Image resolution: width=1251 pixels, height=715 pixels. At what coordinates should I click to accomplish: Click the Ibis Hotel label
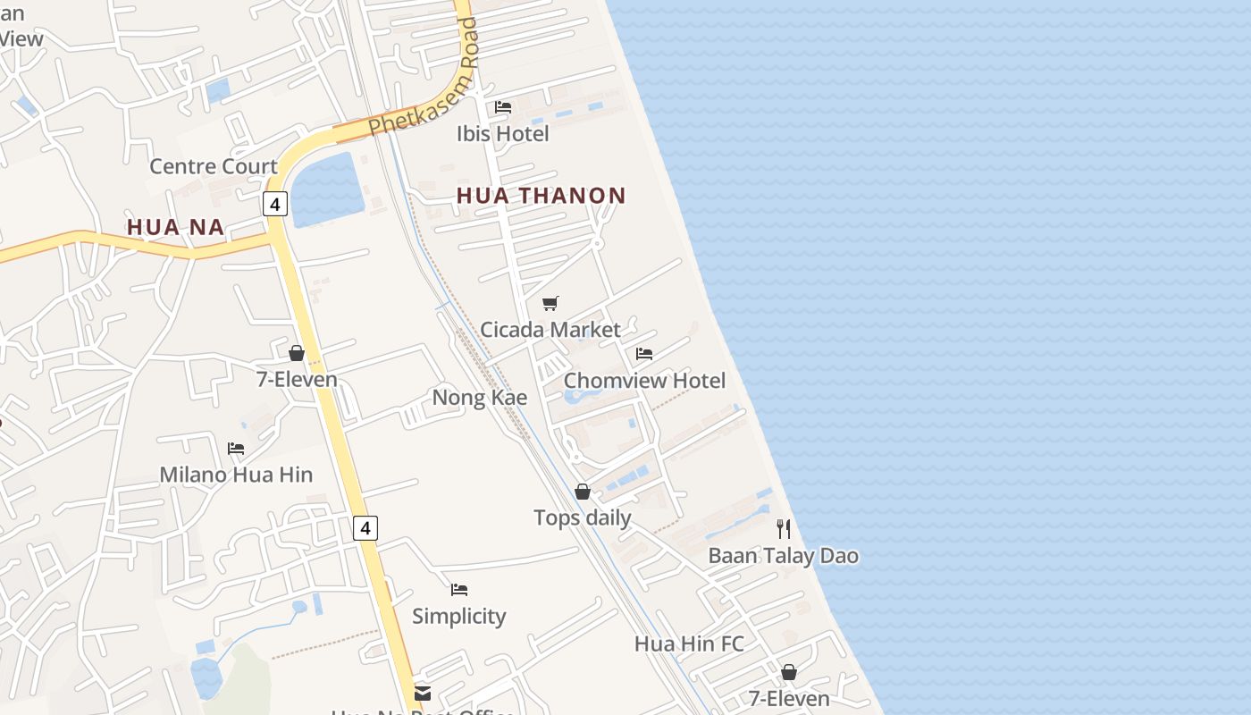point(502,134)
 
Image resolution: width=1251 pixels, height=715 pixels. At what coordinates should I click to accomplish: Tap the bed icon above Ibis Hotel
point(503,107)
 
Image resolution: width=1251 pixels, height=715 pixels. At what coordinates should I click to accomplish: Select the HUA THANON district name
point(542,196)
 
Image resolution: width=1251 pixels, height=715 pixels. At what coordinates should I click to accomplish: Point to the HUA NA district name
point(175,227)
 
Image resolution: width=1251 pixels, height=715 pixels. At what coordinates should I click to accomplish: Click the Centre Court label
point(214,166)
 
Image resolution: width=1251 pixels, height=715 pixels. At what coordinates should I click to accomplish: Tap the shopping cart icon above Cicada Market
point(550,304)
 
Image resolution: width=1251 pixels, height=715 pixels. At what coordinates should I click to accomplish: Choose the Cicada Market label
point(550,330)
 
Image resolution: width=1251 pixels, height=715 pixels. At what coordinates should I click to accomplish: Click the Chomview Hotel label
point(644,381)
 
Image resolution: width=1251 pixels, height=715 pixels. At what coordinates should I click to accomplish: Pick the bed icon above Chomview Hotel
point(644,354)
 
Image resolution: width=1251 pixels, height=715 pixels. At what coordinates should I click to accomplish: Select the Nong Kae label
point(480,398)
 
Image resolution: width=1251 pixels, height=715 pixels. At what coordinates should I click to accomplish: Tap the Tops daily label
point(583,518)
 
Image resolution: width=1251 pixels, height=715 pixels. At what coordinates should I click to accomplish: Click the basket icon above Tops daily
point(583,492)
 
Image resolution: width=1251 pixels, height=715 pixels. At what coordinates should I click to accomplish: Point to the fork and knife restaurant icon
point(784,529)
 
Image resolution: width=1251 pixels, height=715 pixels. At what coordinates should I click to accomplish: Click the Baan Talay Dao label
point(784,556)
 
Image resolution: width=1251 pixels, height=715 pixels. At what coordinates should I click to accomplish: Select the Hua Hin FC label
point(689,644)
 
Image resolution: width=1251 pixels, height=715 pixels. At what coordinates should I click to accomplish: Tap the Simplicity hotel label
point(459,617)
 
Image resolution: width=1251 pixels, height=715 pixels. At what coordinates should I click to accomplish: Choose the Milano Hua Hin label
point(236,475)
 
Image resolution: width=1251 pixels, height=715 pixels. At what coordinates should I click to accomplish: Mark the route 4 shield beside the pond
point(275,204)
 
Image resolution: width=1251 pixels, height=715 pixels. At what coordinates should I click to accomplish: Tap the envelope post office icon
point(423,693)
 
